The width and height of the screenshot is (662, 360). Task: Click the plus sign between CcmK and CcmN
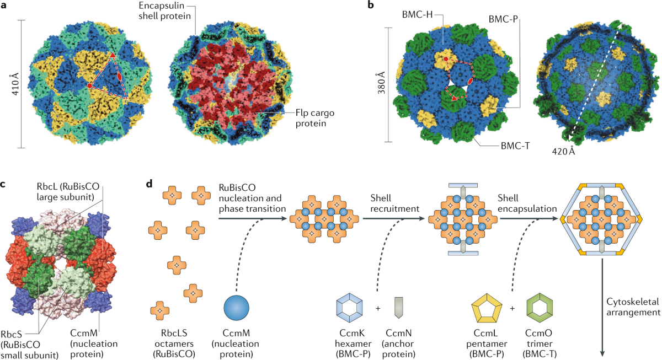point(377,307)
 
